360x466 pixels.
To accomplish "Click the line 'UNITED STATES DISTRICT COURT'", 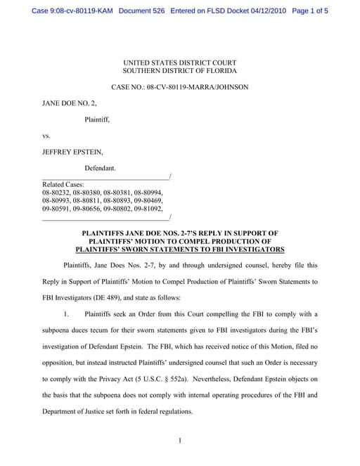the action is pyautogui.click(x=179, y=63).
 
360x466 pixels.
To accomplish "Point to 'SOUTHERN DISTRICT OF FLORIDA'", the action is pyautogui.click(x=179, y=72).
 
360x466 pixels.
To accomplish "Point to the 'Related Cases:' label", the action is pyautogui.click(x=63, y=184).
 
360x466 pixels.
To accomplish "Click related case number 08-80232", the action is pyautogui.click(x=57, y=193).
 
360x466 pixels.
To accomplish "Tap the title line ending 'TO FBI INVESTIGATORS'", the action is pyautogui.click(x=179, y=250).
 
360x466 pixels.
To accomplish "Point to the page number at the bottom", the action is pyautogui.click(x=180, y=441).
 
